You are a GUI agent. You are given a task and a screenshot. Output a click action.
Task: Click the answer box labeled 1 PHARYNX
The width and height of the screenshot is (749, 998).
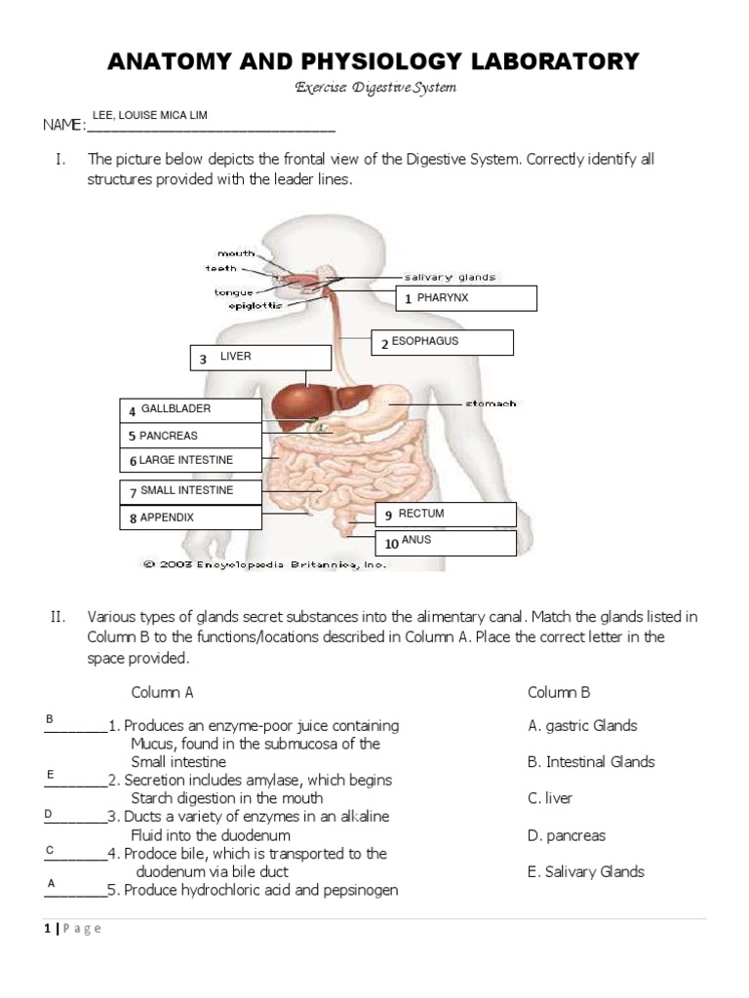465,298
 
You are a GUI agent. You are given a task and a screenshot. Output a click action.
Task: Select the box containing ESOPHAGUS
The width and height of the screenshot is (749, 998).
442,343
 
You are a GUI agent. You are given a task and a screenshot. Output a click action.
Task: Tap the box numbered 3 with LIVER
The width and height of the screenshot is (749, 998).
248,358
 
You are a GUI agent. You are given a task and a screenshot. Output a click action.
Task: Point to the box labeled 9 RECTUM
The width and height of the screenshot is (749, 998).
446,514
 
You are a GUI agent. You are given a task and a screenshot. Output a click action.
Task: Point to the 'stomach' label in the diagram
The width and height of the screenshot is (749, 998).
491,403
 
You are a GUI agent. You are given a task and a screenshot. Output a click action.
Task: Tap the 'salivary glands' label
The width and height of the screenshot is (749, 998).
450,277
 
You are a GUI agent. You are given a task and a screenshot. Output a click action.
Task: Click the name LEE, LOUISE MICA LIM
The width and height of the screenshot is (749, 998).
149,115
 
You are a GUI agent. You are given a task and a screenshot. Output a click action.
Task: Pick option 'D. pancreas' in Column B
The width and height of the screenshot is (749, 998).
566,835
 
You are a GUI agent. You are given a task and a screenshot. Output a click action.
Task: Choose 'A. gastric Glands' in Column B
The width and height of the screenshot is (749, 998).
581,725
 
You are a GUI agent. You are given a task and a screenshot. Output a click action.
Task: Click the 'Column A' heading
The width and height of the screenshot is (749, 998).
162,692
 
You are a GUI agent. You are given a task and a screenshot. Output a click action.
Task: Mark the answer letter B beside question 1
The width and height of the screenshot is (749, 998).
50,718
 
